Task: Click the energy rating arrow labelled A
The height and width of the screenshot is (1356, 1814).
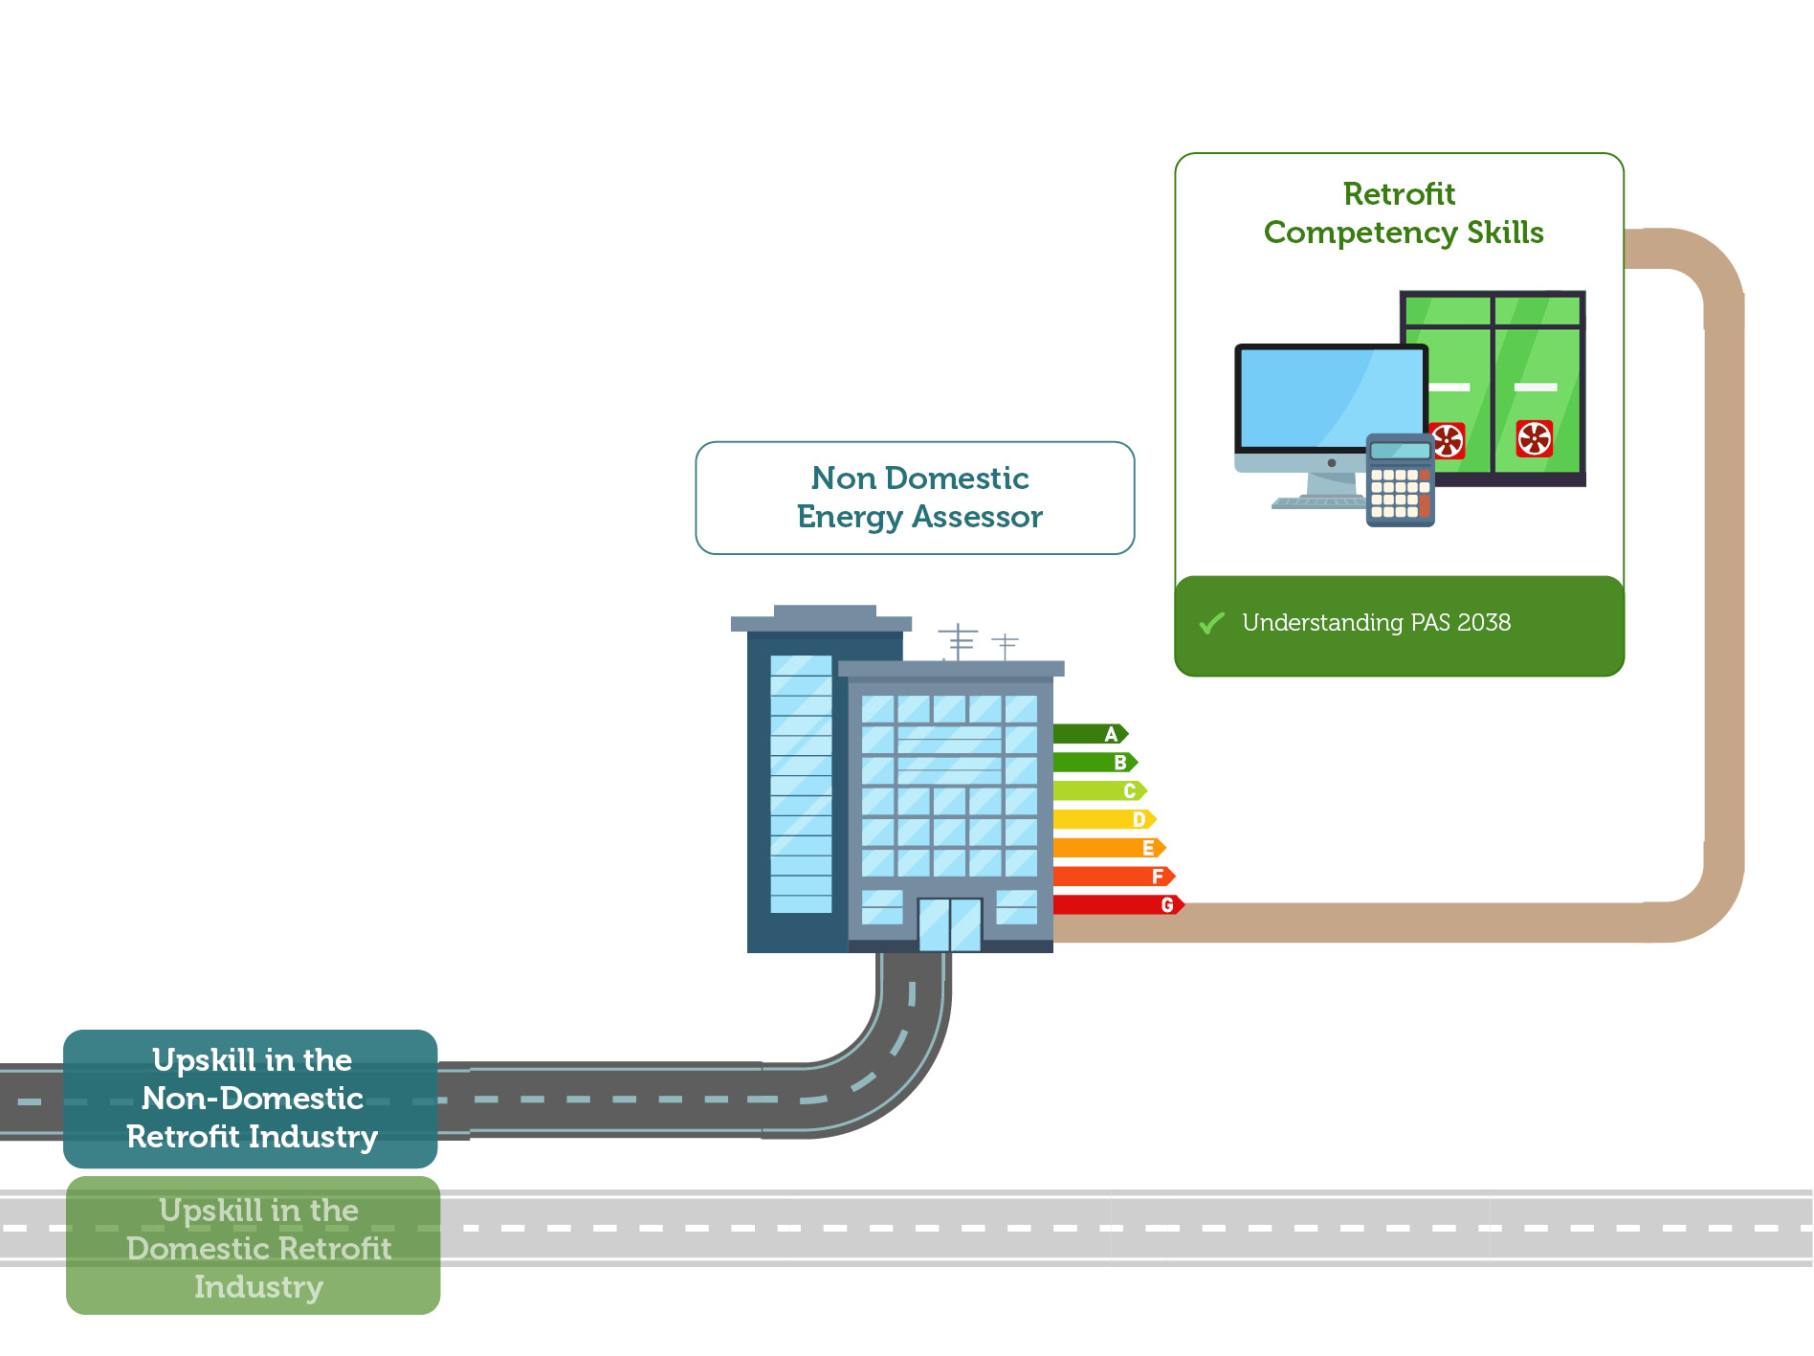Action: tap(1091, 734)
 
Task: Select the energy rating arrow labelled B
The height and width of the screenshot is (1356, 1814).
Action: tap(1095, 763)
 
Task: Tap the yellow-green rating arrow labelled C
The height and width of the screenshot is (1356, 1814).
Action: tap(1100, 790)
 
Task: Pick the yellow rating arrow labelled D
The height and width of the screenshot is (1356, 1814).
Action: tap(1105, 819)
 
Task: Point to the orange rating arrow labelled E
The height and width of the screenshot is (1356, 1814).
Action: tap(1110, 848)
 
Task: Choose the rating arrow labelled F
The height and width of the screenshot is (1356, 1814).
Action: tap(1115, 876)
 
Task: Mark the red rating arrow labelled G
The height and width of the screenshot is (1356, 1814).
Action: tap(1119, 904)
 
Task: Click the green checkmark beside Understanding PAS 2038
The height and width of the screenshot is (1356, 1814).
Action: tap(1211, 623)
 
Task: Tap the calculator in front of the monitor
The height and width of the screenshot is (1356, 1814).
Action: tap(1400, 479)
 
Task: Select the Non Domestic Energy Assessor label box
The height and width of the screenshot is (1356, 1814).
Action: tap(916, 498)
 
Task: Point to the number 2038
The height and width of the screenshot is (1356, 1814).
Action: tap(1484, 623)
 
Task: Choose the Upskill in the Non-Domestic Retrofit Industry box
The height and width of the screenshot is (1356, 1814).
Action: tap(251, 1099)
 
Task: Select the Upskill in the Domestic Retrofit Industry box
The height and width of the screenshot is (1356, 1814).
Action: tap(254, 1246)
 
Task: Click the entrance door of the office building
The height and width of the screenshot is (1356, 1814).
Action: tap(949, 924)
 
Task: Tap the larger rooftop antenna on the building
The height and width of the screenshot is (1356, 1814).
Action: tap(958, 641)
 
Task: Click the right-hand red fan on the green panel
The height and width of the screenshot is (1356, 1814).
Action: tap(1535, 438)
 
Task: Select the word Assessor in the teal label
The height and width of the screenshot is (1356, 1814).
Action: tap(977, 517)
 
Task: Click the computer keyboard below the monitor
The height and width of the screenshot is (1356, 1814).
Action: tap(1318, 501)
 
